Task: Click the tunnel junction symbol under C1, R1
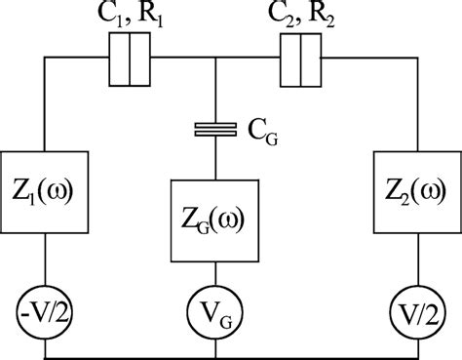(131, 60)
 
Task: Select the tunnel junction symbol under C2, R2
(300, 60)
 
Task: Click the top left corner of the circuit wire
(45, 60)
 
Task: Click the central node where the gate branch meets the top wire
(214, 60)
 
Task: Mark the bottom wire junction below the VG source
(214, 355)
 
